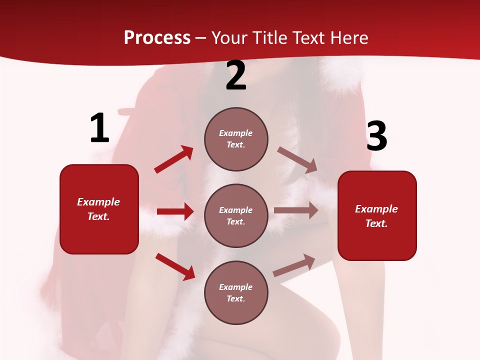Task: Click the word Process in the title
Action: point(157,38)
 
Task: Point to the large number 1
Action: point(99,128)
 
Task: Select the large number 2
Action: point(236,76)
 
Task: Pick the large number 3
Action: point(376,136)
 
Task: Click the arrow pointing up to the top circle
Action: point(174,159)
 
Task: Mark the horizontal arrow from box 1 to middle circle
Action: point(175,211)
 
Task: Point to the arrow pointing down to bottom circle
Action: point(175,266)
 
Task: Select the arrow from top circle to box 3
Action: point(297,159)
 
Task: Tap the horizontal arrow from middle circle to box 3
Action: point(296,210)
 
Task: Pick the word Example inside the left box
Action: point(98,202)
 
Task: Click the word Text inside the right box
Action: point(376,223)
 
